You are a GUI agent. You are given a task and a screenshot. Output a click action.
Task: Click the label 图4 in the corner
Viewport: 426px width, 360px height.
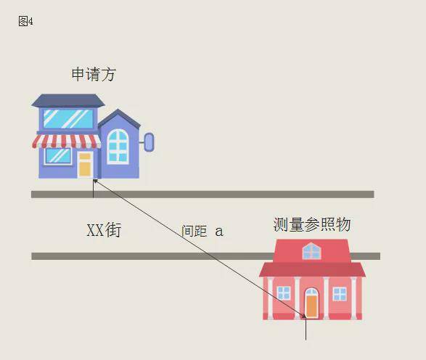pos(26,21)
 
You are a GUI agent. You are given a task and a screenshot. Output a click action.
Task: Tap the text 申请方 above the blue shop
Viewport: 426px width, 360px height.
pos(94,74)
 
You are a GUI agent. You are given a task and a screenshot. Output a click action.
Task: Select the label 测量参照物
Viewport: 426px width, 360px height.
pos(312,224)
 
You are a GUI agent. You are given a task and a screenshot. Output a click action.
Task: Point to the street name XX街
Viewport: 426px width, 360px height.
pos(104,230)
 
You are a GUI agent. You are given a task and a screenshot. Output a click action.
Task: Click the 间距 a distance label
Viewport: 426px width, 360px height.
pos(202,231)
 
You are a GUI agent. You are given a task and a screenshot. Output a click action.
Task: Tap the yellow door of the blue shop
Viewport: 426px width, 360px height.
pos(85,164)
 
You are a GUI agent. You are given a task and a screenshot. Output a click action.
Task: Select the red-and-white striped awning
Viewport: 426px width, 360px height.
pos(67,142)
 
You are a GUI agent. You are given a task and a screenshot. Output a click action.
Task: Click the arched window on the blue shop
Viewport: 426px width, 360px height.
pos(118,147)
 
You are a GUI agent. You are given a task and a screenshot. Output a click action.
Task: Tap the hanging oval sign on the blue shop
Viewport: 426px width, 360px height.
pos(149,142)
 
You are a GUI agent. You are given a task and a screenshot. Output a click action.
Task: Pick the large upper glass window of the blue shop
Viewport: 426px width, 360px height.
pos(68,119)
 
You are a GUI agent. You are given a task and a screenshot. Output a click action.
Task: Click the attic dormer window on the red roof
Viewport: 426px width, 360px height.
pos(311,251)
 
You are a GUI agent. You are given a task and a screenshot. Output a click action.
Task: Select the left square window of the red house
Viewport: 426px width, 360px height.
pos(284,293)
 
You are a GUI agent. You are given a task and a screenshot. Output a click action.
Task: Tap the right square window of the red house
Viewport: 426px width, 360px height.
pos(340,294)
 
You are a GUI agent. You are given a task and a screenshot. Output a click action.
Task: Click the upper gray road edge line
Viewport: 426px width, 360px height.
pos(202,195)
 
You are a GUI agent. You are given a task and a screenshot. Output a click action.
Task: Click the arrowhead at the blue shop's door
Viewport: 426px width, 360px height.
pos(94,181)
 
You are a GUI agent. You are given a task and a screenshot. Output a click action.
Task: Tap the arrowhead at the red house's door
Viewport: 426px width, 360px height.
pos(305,316)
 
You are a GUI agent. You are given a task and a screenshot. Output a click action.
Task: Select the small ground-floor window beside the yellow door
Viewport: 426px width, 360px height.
pos(58,156)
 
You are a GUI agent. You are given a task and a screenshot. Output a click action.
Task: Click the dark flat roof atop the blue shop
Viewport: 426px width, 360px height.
pos(68,101)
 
